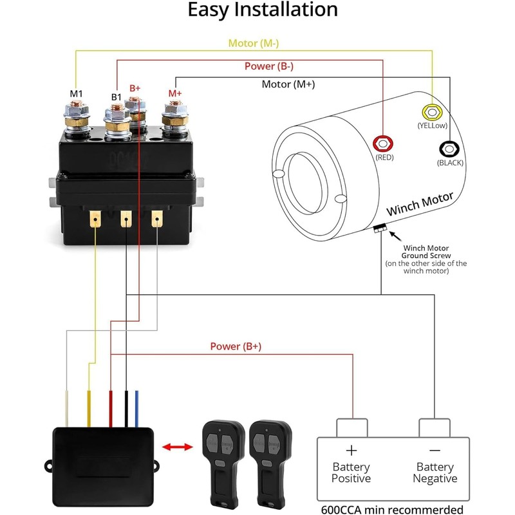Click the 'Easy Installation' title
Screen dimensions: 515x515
[263, 10]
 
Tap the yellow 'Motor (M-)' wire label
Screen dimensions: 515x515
[254, 44]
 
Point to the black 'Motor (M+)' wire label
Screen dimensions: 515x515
[288, 84]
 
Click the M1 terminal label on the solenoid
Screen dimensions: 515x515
[77, 94]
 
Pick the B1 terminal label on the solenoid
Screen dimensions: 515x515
[117, 97]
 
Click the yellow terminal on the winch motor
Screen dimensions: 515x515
[429, 111]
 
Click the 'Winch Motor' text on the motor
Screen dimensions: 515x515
[420, 204]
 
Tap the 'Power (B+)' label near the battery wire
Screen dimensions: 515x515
[236, 346]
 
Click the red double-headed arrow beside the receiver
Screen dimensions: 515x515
[177, 446]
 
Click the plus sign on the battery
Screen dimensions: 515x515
[351, 451]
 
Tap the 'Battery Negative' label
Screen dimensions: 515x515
[435, 473]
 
